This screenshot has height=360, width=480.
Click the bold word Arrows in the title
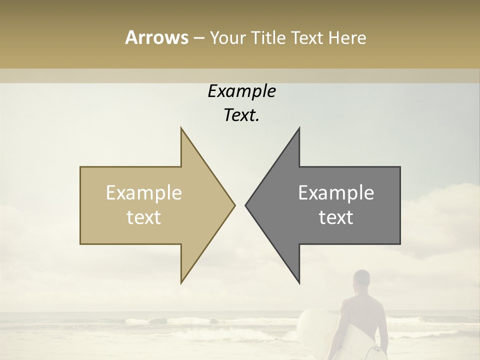click(156, 37)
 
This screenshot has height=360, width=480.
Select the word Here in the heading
click(347, 37)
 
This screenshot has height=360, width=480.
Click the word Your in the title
click(226, 38)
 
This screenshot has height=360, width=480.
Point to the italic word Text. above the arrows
click(241, 115)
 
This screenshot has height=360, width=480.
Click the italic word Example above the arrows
click(241, 91)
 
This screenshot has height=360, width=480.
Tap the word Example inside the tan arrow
click(144, 193)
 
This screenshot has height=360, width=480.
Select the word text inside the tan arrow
click(144, 217)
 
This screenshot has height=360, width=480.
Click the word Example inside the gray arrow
click(336, 193)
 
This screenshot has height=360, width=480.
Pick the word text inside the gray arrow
click(336, 217)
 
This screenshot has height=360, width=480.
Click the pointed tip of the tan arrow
click(234, 205)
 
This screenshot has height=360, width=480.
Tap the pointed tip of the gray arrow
click(246, 205)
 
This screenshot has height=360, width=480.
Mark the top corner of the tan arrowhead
click(181, 127)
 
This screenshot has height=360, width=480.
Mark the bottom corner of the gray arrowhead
click(299, 283)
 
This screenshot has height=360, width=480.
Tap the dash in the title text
click(199, 38)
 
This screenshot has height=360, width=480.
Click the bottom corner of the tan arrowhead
click(181, 283)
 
